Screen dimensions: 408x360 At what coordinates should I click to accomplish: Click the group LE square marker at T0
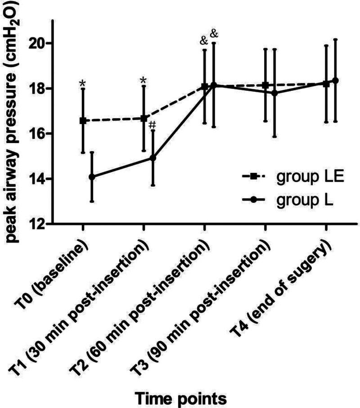pos(83,121)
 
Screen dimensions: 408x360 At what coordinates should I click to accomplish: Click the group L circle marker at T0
pos(92,177)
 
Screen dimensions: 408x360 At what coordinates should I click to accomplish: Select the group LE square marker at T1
pos(144,118)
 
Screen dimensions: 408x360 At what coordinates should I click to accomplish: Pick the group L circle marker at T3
pos(274,93)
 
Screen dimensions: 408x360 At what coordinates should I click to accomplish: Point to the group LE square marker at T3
pos(265,85)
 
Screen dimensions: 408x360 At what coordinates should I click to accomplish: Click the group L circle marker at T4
pos(335,80)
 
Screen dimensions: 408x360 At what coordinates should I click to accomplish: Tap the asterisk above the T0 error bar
pos(82,84)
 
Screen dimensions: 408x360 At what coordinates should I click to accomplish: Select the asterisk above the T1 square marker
pos(143,81)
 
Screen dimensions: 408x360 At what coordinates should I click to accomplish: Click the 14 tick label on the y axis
pos(38,179)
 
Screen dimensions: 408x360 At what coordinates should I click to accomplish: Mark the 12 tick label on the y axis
pos(38,224)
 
